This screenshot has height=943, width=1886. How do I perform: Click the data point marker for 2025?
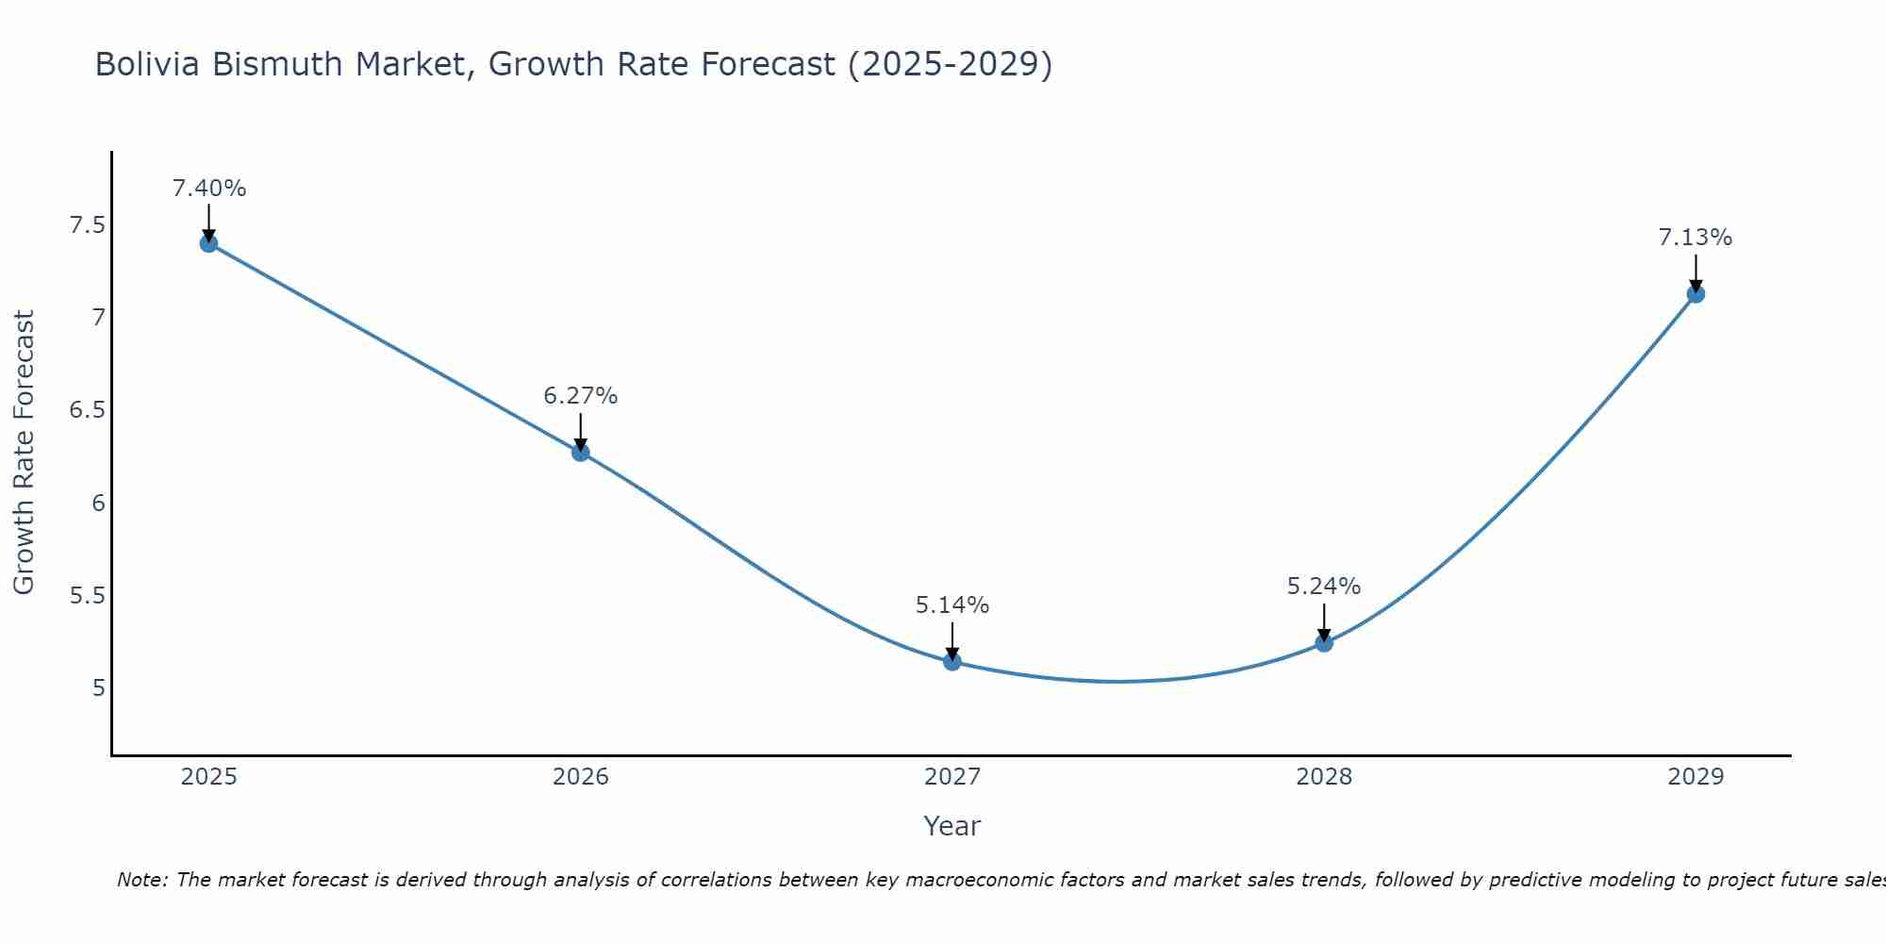(x=208, y=243)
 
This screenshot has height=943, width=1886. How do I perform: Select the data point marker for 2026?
(x=580, y=452)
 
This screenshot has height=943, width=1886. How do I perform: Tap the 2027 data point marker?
(x=951, y=661)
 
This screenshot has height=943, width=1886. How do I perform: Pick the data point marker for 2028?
(x=1323, y=643)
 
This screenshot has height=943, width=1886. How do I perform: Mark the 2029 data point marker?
(x=1695, y=293)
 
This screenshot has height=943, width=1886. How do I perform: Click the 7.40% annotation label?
(x=208, y=189)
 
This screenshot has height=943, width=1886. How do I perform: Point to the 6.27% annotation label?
(x=580, y=396)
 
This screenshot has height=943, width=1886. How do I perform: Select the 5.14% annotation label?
(x=951, y=605)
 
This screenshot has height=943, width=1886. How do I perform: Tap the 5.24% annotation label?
(x=1323, y=587)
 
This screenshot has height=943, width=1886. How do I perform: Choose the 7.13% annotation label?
(x=1695, y=238)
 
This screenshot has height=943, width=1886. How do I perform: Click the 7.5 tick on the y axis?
(x=87, y=225)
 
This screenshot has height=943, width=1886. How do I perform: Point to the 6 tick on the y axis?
(x=98, y=503)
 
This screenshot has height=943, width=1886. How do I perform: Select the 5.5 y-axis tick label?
(x=87, y=596)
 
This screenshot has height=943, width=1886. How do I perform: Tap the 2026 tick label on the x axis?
(x=580, y=777)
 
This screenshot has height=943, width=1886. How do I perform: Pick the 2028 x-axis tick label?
(x=1323, y=777)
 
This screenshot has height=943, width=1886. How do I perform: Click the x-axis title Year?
(x=951, y=826)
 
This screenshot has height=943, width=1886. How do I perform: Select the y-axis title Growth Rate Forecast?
(x=25, y=453)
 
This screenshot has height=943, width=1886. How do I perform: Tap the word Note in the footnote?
(x=141, y=880)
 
